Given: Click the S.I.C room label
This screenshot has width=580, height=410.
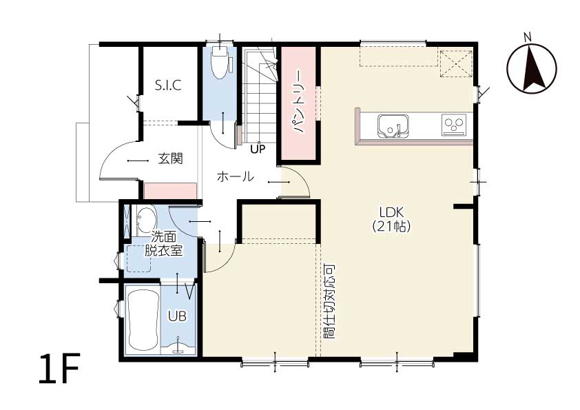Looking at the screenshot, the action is [x=168, y=85].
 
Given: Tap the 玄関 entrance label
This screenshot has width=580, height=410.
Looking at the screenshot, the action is [x=171, y=158].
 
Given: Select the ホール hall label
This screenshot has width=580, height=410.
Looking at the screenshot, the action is [x=236, y=176].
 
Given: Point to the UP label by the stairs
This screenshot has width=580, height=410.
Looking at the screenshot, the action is [x=258, y=149].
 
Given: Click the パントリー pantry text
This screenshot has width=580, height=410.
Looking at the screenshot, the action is [x=298, y=101].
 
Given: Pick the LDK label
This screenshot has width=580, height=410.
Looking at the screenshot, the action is [x=391, y=212].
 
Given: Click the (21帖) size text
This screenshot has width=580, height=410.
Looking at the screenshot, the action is [x=391, y=226].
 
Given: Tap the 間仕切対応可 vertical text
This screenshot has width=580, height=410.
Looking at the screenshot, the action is [x=329, y=302].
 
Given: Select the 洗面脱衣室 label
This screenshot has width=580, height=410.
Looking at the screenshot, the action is [x=163, y=244].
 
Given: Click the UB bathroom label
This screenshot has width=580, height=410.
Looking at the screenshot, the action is [x=177, y=316].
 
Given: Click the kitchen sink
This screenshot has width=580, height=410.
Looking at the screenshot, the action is [x=393, y=126].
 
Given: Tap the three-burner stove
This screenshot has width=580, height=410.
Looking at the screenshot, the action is [x=454, y=125].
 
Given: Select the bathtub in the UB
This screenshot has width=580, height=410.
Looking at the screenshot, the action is [x=143, y=321].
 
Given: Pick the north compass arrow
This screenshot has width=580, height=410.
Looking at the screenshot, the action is [x=532, y=68].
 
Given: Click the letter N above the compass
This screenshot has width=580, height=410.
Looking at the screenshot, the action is [x=528, y=37].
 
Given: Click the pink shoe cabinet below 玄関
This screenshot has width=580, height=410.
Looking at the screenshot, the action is [x=171, y=192].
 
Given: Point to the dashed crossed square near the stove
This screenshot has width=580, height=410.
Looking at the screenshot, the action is [x=456, y=63].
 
